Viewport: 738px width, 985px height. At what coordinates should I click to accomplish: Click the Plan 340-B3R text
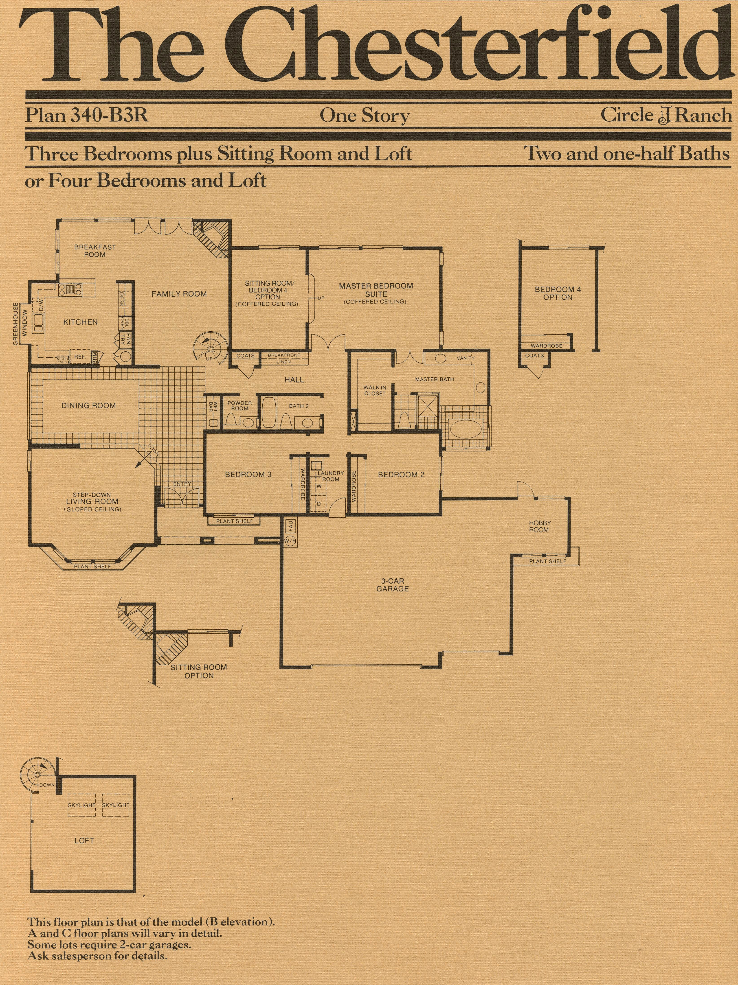(x=87, y=115)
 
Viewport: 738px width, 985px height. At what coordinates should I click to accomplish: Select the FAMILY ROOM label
(x=179, y=294)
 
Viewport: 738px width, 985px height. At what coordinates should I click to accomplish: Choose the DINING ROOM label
(x=89, y=406)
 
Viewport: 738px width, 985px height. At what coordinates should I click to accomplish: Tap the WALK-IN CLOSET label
(x=375, y=391)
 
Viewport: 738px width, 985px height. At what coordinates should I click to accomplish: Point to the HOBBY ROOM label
(x=539, y=526)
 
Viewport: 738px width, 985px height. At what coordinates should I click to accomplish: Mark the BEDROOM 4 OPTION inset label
(x=558, y=293)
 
